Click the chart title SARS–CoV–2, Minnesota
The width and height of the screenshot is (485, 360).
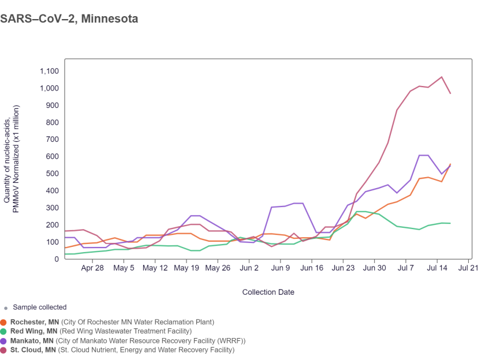coord(69,18)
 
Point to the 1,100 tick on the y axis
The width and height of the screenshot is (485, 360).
coord(49,71)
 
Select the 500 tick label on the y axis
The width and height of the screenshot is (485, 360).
coord(52,174)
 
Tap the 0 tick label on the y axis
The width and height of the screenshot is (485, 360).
coord(57,259)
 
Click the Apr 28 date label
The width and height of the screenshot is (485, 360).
coord(92,268)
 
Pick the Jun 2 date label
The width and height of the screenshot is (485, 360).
coord(249,268)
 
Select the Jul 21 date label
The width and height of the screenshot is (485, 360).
coord(469,268)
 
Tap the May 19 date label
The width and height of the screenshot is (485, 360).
coord(186,268)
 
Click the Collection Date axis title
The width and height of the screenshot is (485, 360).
coord(268,292)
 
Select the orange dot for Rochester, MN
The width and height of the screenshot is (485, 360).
coord(4,322)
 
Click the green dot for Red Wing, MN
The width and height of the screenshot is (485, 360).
coord(4,331)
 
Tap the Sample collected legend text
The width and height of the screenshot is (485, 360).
coord(39,307)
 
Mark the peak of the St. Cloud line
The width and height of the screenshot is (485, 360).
coord(442,77)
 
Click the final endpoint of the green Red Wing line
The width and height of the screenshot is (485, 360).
coord(450,223)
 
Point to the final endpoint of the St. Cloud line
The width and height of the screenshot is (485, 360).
coord(450,93)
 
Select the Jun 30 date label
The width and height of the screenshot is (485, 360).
coord(374,268)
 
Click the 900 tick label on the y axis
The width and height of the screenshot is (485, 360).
coord(52,105)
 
